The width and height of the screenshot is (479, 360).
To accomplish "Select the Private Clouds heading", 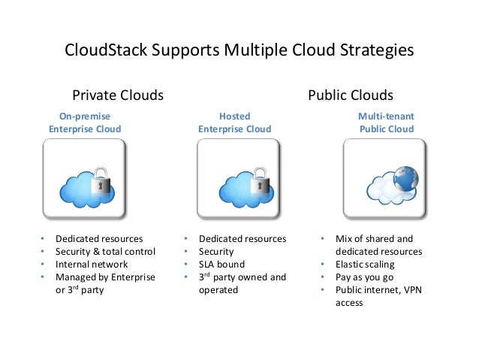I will point(117,95).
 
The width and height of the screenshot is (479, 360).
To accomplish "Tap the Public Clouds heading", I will point(351,95).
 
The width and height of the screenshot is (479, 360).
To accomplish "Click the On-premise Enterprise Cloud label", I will point(84,123).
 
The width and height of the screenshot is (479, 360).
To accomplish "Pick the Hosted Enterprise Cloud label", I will point(234,123).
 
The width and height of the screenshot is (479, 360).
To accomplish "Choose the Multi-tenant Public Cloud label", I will point(386,123).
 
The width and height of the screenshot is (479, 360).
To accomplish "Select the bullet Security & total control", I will point(105,252).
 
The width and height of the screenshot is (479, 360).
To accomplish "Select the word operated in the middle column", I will point(218,290).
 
